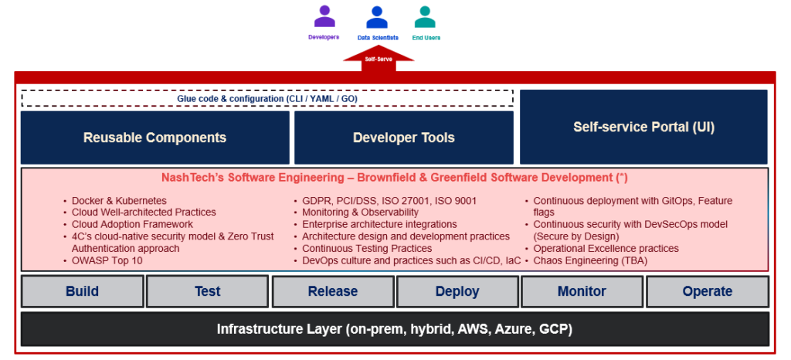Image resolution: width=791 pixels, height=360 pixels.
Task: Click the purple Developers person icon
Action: (x=324, y=17)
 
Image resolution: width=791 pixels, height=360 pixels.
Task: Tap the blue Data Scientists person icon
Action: (x=377, y=17)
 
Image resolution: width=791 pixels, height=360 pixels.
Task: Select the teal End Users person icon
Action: (x=424, y=17)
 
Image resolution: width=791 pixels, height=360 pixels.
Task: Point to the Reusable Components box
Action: (x=154, y=138)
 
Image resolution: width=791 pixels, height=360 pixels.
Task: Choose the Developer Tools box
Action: (x=403, y=138)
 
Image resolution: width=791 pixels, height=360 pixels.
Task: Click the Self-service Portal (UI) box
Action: (x=643, y=127)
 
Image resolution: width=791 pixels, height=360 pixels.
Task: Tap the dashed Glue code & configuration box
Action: (x=266, y=98)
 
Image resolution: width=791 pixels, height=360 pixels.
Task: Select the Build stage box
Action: (x=82, y=291)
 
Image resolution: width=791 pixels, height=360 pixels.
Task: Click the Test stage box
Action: (x=207, y=291)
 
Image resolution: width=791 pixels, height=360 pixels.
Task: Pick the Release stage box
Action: (x=332, y=291)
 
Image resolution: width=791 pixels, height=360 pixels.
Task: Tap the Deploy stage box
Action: (x=457, y=291)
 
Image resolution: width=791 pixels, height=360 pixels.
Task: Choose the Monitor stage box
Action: (x=582, y=291)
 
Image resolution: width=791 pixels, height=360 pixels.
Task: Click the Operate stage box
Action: (x=707, y=291)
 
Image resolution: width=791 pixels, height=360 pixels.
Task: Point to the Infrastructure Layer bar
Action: (x=395, y=329)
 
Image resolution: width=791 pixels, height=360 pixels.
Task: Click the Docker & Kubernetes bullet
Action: (x=119, y=201)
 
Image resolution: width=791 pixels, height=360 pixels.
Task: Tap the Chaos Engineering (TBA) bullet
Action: (x=590, y=260)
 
